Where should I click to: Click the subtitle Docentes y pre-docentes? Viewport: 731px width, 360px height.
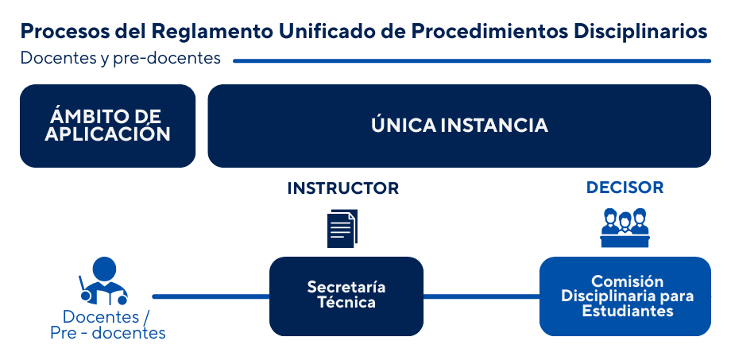(x=121, y=59)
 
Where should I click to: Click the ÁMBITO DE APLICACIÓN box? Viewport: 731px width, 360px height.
(x=108, y=126)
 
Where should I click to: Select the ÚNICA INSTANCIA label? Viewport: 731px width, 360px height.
(x=459, y=126)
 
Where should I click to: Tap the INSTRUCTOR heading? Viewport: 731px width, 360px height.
(x=342, y=188)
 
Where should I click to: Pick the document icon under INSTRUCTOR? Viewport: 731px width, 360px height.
(x=342, y=228)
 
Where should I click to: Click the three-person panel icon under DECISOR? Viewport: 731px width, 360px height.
(x=625, y=227)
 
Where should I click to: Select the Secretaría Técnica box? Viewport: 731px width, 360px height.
(x=346, y=296)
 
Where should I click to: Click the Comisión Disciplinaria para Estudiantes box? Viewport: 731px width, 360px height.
(x=625, y=296)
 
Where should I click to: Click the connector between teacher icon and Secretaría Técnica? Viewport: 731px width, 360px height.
(x=210, y=296)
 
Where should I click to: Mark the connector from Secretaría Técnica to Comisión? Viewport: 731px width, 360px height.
(x=481, y=296)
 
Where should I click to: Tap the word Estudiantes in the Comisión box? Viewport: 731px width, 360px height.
(x=628, y=311)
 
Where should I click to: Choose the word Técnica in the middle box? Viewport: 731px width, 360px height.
(x=346, y=303)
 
